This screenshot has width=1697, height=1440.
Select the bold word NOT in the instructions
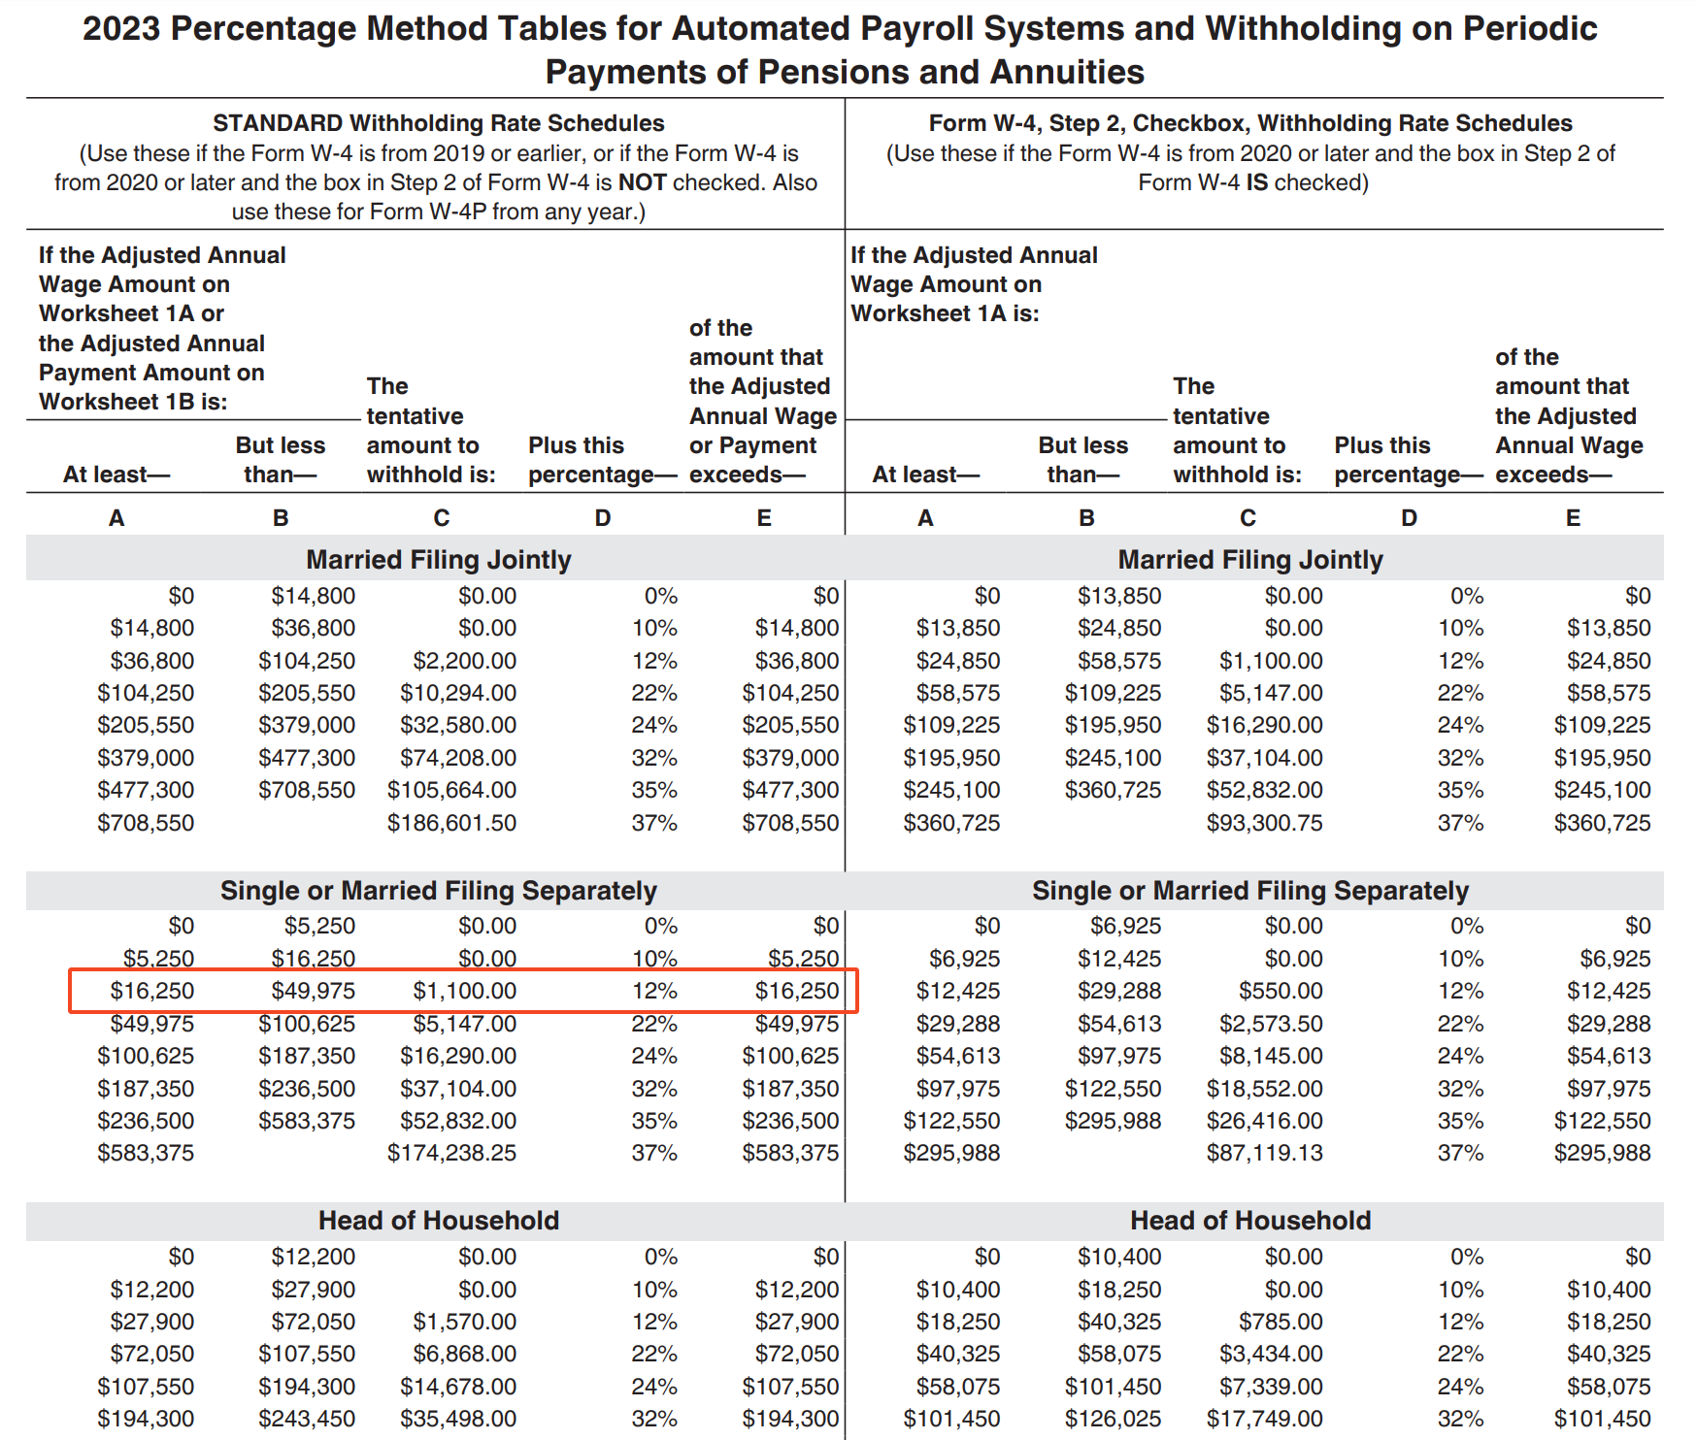click(x=642, y=182)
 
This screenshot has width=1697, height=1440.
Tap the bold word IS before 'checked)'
click(x=1256, y=182)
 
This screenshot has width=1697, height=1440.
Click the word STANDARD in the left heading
click(x=278, y=123)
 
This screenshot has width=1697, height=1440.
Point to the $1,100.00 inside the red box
click(x=464, y=991)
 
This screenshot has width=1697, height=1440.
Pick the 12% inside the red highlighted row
click(x=654, y=991)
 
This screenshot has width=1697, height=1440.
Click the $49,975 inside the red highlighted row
click(x=313, y=991)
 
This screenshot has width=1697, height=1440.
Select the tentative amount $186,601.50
click(x=451, y=823)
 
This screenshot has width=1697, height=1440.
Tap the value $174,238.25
click(x=451, y=1153)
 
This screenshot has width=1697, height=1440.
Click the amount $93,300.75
click(x=1264, y=823)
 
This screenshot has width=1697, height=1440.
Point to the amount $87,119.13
click(x=1264, y=1153)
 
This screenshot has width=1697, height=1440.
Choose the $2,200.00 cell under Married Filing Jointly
click(x=464, y=661)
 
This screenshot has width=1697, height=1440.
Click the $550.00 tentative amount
click(x=1281, y=991)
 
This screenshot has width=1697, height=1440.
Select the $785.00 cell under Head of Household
click(x=1281, y=1322)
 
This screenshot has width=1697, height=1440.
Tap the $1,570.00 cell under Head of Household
click(x=464, y=1322)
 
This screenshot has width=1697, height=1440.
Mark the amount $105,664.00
click(x=451, y=790)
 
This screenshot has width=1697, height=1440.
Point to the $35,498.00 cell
click(x=458, y=1419)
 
